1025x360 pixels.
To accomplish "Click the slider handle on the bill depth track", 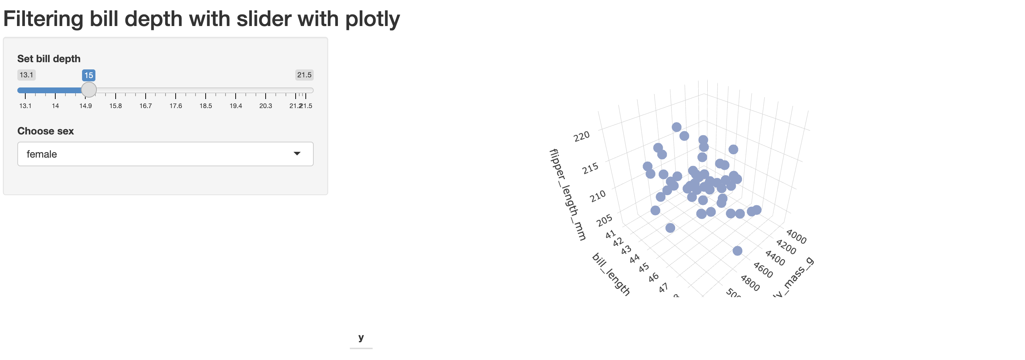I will coord(89,90).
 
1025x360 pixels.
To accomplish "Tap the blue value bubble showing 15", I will coord(89,75).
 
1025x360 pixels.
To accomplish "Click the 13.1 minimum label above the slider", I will coord(26,75).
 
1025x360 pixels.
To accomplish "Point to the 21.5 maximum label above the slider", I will coord(304,75).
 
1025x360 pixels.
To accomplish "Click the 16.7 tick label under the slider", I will coord(146,106).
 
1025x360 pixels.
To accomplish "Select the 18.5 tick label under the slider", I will coord(206,106).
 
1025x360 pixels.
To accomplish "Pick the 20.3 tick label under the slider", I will coord(265,106).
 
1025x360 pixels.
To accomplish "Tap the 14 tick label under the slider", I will coord(55,106).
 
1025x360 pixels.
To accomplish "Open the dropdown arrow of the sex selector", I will coord(297,154).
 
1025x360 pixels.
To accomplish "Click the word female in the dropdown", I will coord(42,154).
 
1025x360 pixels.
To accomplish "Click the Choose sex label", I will coord(46,131).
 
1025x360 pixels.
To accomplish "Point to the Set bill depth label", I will coord(48,59).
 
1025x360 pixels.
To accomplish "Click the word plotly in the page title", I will coord(372,19).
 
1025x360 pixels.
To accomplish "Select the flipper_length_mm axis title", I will coord(567,194).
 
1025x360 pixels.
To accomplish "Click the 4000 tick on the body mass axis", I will coord(796,237).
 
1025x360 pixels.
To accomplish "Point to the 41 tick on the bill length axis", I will coord(610,235).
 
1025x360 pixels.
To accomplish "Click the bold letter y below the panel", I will coord(361,338).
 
